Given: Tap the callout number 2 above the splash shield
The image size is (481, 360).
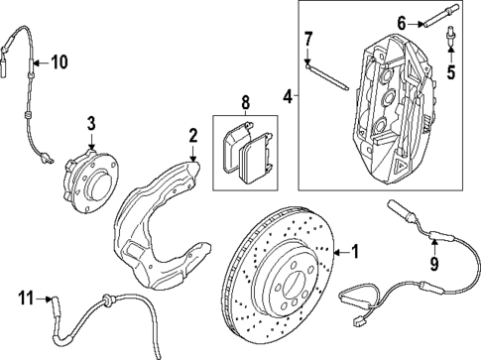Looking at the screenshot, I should pos(193,134).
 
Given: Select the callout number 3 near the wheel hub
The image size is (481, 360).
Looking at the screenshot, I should pos(89,123).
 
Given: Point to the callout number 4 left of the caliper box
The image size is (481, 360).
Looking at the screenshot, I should pos(289,96).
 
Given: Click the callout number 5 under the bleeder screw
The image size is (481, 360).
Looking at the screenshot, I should pos(451,71).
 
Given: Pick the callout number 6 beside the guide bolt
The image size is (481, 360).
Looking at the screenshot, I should pos(402,22).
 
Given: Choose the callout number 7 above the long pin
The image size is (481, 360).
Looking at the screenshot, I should pos(308,39).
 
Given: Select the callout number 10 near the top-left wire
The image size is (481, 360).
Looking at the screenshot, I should pos(59,62).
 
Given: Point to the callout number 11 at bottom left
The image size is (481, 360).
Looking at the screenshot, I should pos(27,297).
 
